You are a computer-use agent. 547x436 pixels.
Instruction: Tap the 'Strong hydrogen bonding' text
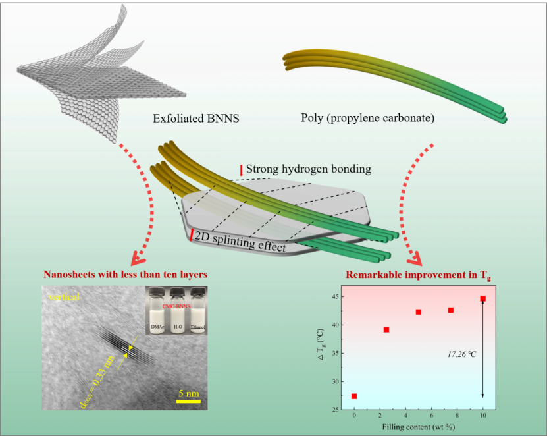(x=308, y=169)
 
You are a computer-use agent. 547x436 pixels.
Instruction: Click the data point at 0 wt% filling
(x=354, y=396)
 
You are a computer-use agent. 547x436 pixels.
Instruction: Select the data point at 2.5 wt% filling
(x=386, y=329)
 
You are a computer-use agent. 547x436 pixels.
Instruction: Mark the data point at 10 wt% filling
(x=482, y=299)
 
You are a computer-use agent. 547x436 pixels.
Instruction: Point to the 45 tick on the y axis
(x=336, y=297)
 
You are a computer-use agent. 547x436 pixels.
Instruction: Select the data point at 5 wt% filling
(x=419, y=312)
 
